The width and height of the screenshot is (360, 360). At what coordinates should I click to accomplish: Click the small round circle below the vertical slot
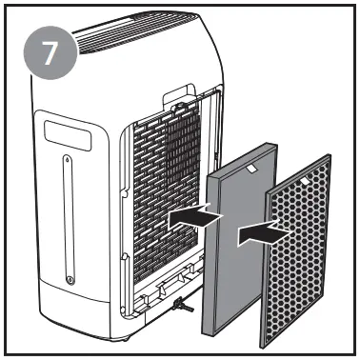pyautogui.click(x=71, y=279)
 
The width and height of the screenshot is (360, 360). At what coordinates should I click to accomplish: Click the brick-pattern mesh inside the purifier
pyautogui.click(x=162, y=190)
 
